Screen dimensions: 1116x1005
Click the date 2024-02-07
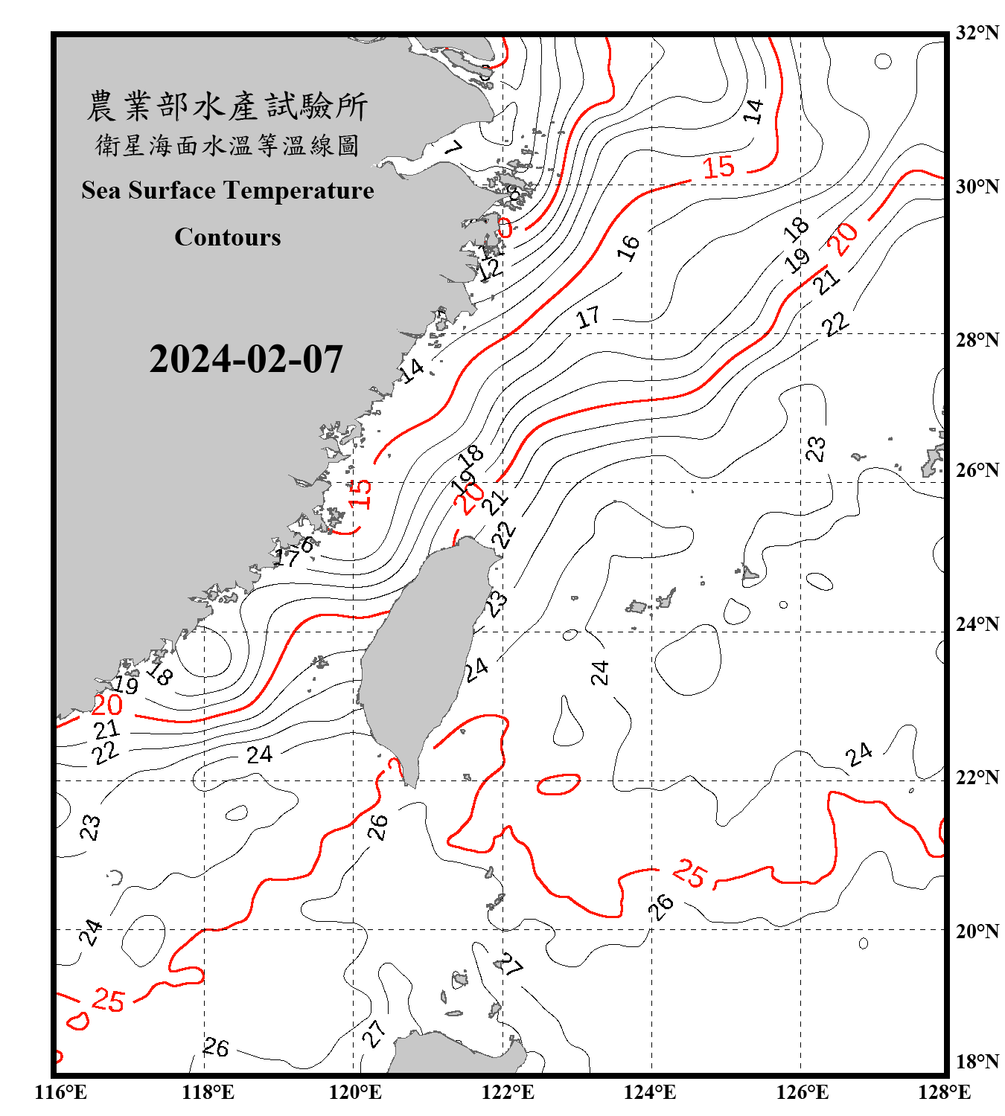coord(246,359)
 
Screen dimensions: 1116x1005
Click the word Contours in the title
coord(228,237)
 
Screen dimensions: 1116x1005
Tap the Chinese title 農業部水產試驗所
coord(227,106)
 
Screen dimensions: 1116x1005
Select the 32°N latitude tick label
coord(977,33)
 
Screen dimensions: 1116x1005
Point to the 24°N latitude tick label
coord(977,624)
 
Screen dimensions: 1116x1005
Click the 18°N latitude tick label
coord(977,1062)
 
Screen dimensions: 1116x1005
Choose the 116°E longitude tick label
coord(61,1092)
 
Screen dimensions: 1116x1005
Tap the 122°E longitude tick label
coord(508,1092)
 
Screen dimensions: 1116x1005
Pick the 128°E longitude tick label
coord(944,1092)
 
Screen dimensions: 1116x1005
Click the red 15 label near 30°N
coord(719,167)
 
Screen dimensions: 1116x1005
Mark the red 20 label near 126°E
coord(844,239)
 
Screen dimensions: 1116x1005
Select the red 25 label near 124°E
coord(689,873)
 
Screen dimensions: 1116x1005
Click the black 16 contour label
coord(629,247)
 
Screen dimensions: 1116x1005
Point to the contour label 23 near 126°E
coord(816,449)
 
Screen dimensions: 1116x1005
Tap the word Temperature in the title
coord(298,190)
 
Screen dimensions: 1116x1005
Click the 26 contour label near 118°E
coord(216,1048)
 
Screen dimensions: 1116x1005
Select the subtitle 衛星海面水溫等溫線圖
coord(227,145)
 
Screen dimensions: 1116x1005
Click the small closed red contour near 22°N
coord(558,784)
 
